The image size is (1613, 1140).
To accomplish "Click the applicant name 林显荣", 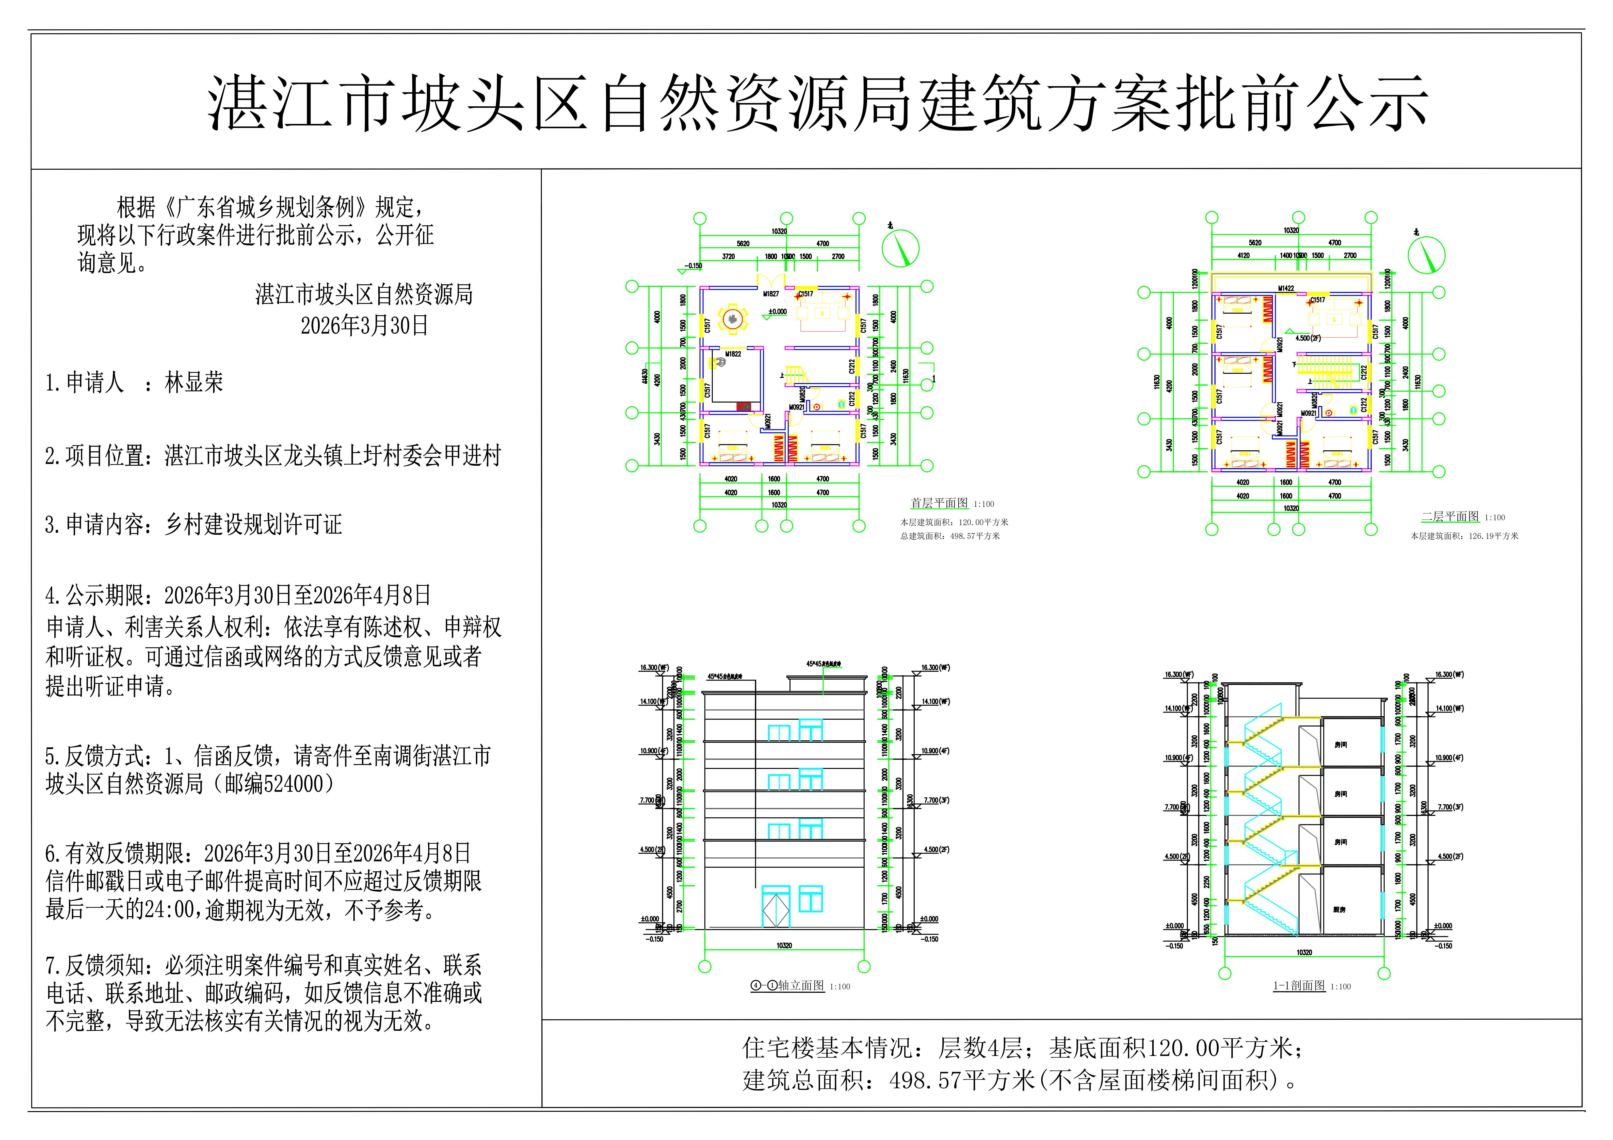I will [x=194, y=383].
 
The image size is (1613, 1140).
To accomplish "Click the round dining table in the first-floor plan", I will [x=733, y=320].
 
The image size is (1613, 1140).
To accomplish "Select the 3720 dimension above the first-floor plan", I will [x=729, y=256].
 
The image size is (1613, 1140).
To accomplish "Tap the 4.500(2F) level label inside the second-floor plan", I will [x=1308, y=338].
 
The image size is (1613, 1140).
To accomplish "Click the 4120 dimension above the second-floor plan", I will [x=1244, y=256].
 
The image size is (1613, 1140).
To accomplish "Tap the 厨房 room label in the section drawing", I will [x=1340, y=910].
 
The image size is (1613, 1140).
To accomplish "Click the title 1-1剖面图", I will [x=1299, y=985].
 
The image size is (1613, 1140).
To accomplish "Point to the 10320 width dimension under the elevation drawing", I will [x=784, y=946].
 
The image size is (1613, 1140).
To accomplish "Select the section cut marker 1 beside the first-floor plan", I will [x=934, y=379].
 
